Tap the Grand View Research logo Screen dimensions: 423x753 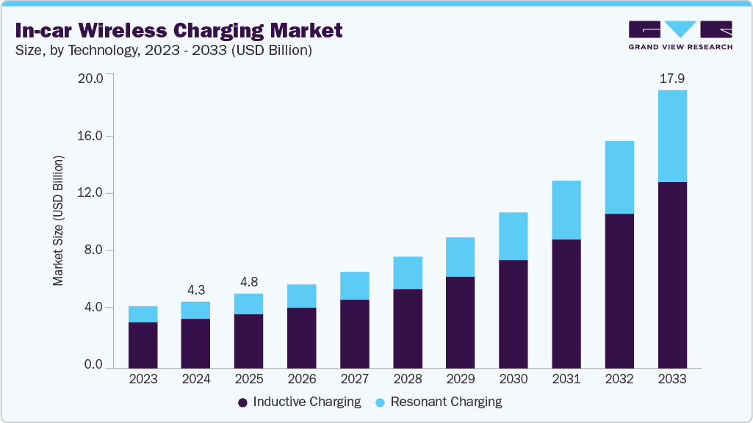pyautogui.click(x=680, y=35)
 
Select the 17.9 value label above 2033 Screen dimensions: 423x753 pyautogui.click(x=672, y=78)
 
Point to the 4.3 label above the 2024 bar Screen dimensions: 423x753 pyautogui.click(x=195, y=289)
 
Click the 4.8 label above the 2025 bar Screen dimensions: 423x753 pyautogui.click(x=248, y=281)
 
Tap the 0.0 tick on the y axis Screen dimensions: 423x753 pyautogui.click(x=93, y=365)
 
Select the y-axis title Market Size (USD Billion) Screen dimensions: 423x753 pyautogui.click(x=59, y=221)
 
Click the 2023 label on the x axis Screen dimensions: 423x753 pyautogui.click(x=143, y=380)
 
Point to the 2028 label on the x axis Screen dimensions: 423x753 pyautogui.click(x=408, y=380)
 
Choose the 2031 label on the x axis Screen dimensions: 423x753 pyautogui.click(x=566, y=380)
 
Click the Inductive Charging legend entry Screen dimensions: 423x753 pyautogui.click(x=300, y=402)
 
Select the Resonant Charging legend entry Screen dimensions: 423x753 pyautogui.click(x=439, y=402)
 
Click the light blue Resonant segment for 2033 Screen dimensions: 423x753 pyautogui.click(x=672, y=136)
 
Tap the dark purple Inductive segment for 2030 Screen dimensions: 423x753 pyautogui.click(x=514, y=314)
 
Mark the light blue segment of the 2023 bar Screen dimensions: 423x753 pyautogui.click(x=143, y=314)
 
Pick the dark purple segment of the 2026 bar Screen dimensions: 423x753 pyautogui.click(x=301, y=337)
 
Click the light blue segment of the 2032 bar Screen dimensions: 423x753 pyautogui.click(x=619, y=177)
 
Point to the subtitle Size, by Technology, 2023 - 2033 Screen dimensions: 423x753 pyautogui.click(x=167, y=51)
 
